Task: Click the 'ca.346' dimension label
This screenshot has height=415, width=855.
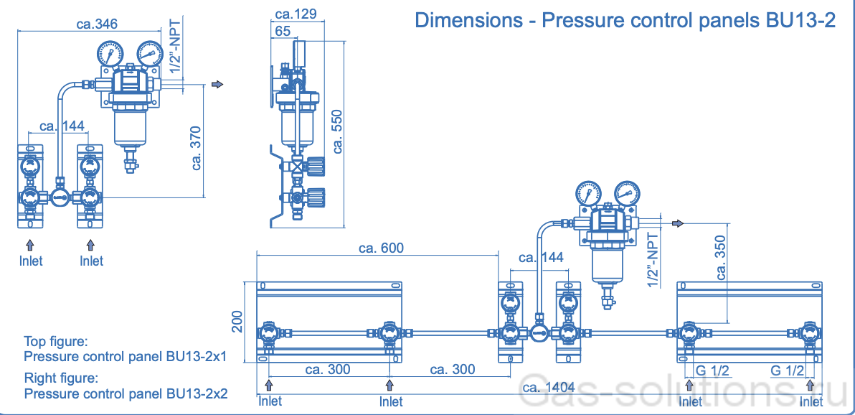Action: (97, 24)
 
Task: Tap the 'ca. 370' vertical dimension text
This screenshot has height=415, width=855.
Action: (198, 148)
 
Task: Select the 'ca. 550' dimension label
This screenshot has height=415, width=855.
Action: (338, 131)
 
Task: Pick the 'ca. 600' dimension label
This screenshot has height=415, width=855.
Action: (381, 248)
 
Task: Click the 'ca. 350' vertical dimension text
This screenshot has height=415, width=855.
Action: (721, 261)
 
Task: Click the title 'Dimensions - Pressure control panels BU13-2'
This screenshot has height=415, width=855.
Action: (625, 20)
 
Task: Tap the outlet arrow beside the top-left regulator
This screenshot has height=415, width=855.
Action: (218, 85)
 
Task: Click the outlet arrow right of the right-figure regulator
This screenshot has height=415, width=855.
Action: (678, 223)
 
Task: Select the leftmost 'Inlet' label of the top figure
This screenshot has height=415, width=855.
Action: (31, 261)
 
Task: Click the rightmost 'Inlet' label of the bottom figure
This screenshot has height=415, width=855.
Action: (812, 401)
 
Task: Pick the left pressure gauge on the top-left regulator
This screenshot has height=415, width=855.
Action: (111, 54)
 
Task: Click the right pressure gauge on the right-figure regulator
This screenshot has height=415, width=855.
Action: (627, 192)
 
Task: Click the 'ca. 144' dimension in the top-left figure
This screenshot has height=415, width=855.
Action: (62, 126)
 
